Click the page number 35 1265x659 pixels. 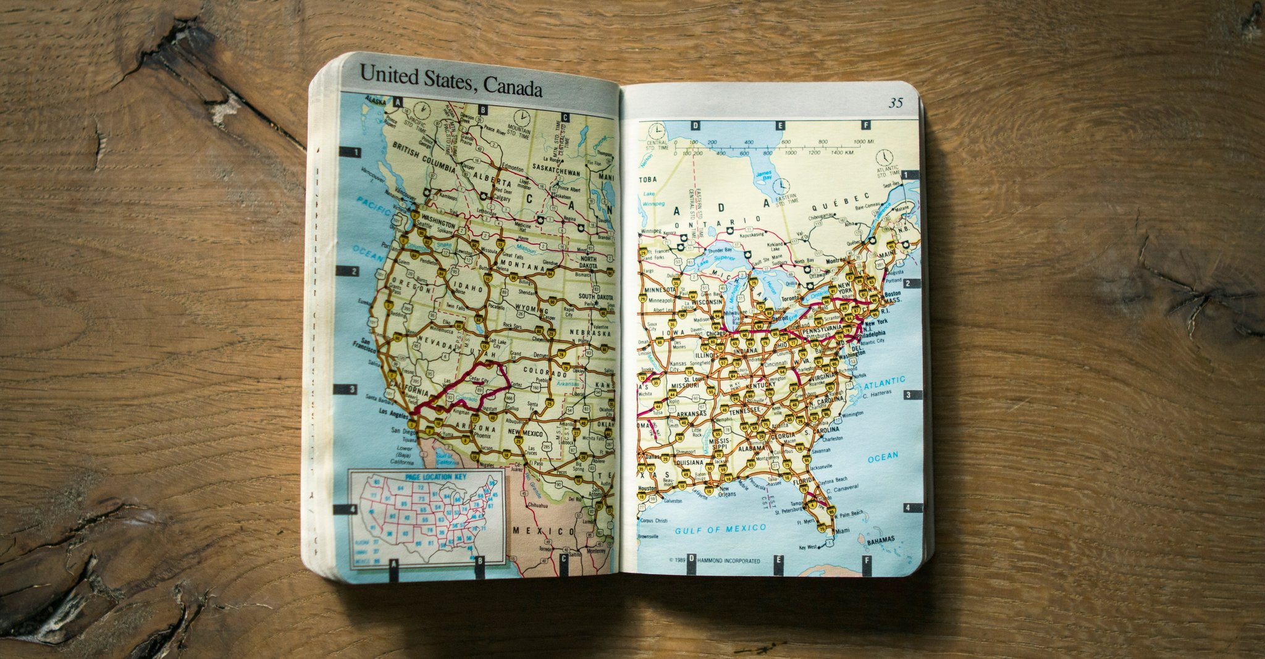pos(896,103)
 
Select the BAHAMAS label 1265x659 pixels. pos(880,540)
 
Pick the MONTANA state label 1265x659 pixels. pos(521,264)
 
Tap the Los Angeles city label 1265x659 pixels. pos(393,412)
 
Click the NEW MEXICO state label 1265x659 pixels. pos(525,434)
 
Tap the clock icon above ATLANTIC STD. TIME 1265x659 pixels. pos(884,157)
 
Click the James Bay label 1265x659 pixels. pos(763,175)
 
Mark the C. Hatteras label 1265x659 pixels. pos(877,394)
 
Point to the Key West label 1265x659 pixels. pos(808,547)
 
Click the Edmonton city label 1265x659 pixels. pos(512,168)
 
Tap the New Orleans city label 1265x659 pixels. pos(727,492)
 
